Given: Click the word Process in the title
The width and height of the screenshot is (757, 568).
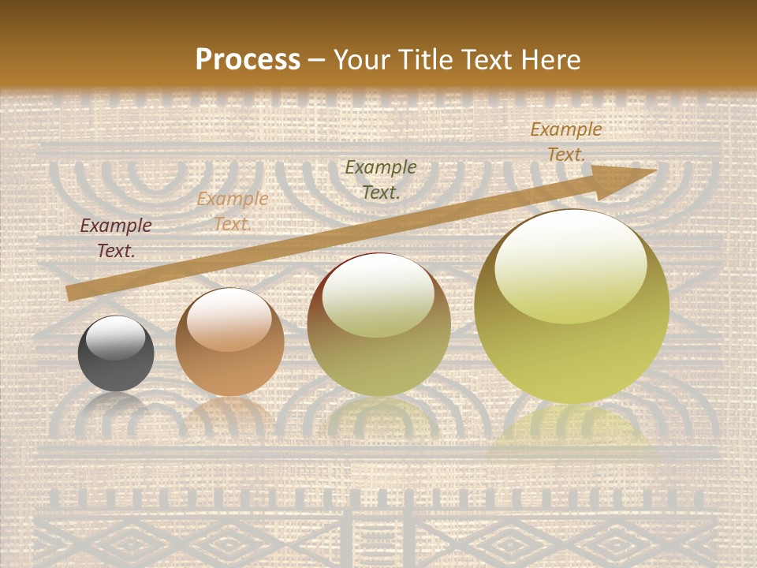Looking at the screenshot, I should (248, 60).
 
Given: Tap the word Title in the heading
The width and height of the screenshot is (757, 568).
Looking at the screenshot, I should (422, 60).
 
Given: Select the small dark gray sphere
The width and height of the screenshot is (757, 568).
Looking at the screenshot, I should (116, 354).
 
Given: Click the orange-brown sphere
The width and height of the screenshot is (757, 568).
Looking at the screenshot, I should (229, 342).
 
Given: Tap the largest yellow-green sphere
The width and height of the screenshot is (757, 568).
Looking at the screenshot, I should (572, 307).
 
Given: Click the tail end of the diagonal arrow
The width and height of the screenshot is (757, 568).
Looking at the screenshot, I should (73, 293).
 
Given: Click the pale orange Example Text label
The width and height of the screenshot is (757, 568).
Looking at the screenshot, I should (233, 211).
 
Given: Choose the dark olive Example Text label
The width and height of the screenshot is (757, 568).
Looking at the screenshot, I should (381, 179).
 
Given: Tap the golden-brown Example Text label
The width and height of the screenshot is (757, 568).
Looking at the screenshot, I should (566, 142).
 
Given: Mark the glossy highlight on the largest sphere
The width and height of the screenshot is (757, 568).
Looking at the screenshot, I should (570, 267).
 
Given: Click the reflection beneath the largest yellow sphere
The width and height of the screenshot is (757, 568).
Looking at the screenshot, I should (572, 434).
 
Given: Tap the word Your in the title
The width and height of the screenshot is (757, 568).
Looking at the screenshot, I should (361, 60).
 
